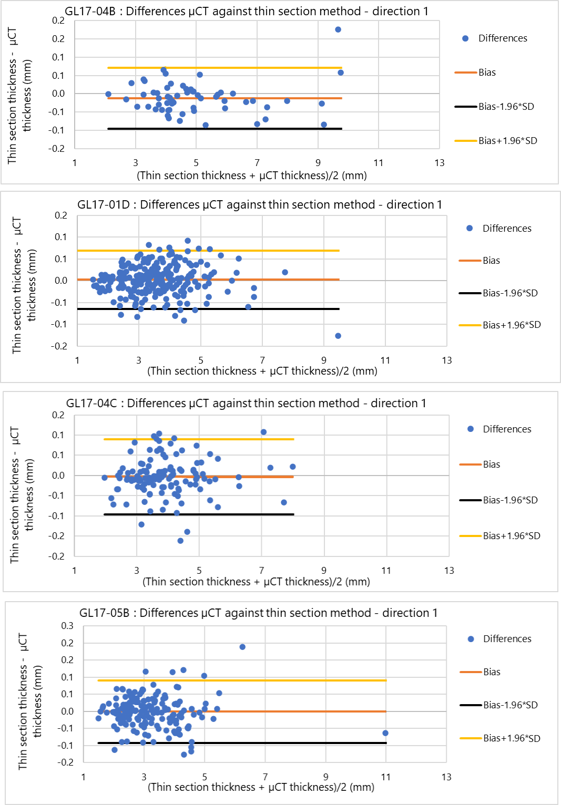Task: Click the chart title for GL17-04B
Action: [x=246, y=11]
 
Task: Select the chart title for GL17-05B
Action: [x=258, y=613]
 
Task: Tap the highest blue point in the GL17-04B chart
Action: [x=338, y=29]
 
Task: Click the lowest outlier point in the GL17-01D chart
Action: [x=338, y=336]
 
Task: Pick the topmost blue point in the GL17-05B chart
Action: [x=242, y=647]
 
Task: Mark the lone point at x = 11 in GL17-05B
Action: [x=385, y=733]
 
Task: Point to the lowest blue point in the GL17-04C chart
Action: [x=180, y=541]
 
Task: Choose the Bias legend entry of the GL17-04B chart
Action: [x=487, y=73]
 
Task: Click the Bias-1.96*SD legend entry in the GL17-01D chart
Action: [x=510, y=293]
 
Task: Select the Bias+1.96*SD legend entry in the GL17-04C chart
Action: [x=511, y=535]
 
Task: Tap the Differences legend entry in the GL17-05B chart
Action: [x=507, y=639]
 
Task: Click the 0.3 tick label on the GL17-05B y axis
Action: [x=67, y=625]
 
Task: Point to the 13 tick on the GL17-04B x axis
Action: [x=440, y=163]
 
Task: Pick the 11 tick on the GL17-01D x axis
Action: [x=385, y=360]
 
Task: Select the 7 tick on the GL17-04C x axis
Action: [x=261, y=571]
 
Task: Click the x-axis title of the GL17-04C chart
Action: [x=256, y=582]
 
